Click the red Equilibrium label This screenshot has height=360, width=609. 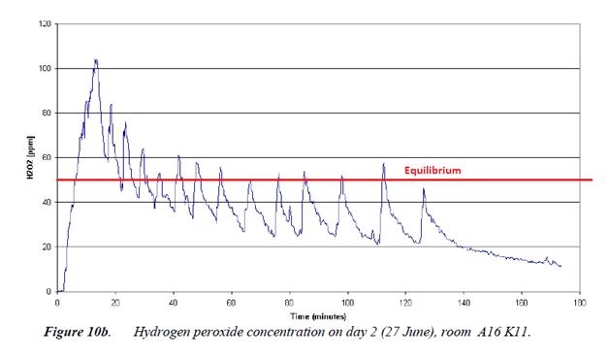(433, 170)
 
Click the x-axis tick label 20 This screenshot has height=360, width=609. (115, 303)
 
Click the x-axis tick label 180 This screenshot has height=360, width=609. (579, 303)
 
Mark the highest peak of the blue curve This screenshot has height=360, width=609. (95, 60)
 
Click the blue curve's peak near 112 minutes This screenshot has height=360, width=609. (383, 164)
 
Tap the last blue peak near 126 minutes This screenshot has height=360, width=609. (423, 189)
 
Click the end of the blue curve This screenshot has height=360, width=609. (561, 266)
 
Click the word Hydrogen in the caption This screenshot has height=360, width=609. (162, 332)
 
